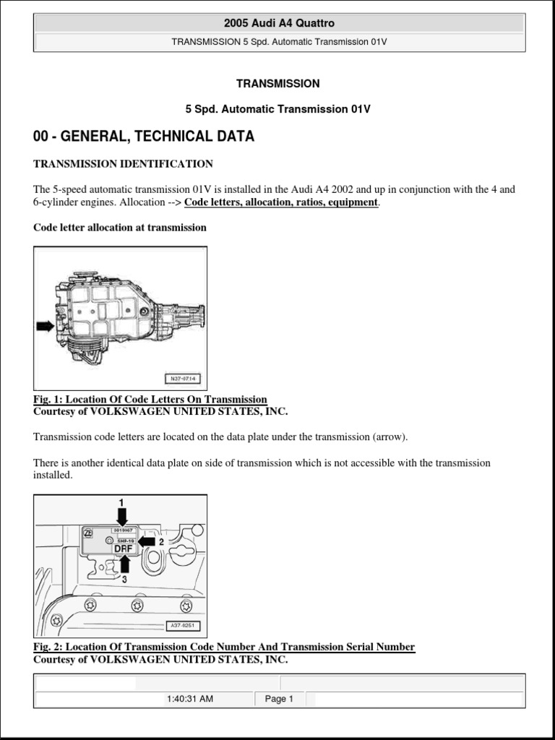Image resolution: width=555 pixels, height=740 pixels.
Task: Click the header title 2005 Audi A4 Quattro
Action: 279,23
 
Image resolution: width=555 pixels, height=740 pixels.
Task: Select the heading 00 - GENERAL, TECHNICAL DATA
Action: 144,137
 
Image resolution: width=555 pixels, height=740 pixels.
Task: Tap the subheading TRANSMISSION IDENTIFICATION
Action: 123,164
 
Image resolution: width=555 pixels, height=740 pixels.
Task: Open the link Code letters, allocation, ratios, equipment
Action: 281,202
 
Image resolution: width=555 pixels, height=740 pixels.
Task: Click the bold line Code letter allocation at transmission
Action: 120,227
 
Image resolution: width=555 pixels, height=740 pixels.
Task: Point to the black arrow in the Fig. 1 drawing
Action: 45,327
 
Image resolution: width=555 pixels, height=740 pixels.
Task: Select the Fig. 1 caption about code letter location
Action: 150,400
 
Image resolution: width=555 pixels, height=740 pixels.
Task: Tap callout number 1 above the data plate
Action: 121,502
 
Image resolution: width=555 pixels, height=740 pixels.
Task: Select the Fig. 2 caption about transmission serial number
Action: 224,647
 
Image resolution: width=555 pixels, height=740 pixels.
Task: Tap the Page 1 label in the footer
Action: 279,699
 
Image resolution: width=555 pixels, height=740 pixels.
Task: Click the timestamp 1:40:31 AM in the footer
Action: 189,699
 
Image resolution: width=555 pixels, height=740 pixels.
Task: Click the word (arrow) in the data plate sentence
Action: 390,437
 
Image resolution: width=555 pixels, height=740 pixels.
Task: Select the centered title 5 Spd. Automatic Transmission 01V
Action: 277,109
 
